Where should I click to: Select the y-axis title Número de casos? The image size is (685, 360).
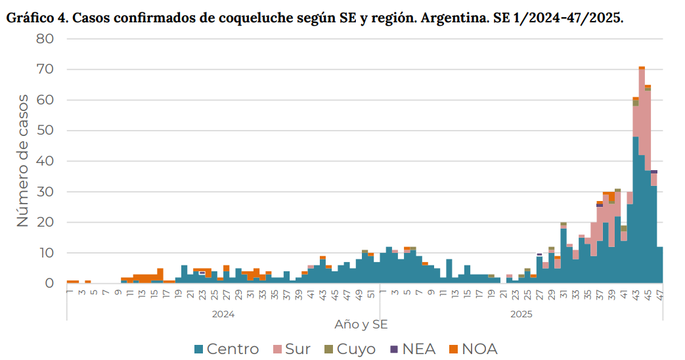tap(22, 161)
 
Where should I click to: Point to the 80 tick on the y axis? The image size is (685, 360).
tap(45, 39)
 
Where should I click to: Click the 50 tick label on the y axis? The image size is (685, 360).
tap(45, 131)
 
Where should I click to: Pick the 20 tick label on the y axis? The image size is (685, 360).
tap(45, 223)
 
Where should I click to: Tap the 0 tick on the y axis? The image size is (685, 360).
tap(49, 284)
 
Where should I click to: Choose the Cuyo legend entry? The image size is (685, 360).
tap(355, 349)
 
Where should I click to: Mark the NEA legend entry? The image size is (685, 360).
tap(419, 349)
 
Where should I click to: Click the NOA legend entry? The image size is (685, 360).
tap(479, 349)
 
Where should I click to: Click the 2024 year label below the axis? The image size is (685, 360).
tap(223, 314)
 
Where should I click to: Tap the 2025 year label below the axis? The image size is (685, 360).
tap(522, 314)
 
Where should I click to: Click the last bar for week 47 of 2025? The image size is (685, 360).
tap(659, 265)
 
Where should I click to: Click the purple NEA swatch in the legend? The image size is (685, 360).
tap(394, 349)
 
